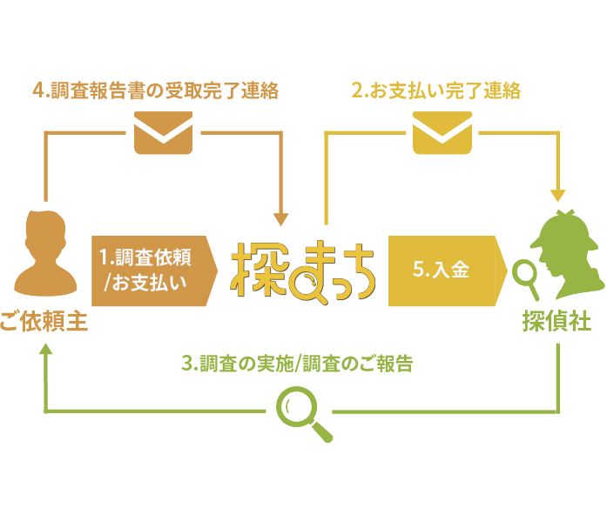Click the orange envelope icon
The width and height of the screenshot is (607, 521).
(x=163, y=134)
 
